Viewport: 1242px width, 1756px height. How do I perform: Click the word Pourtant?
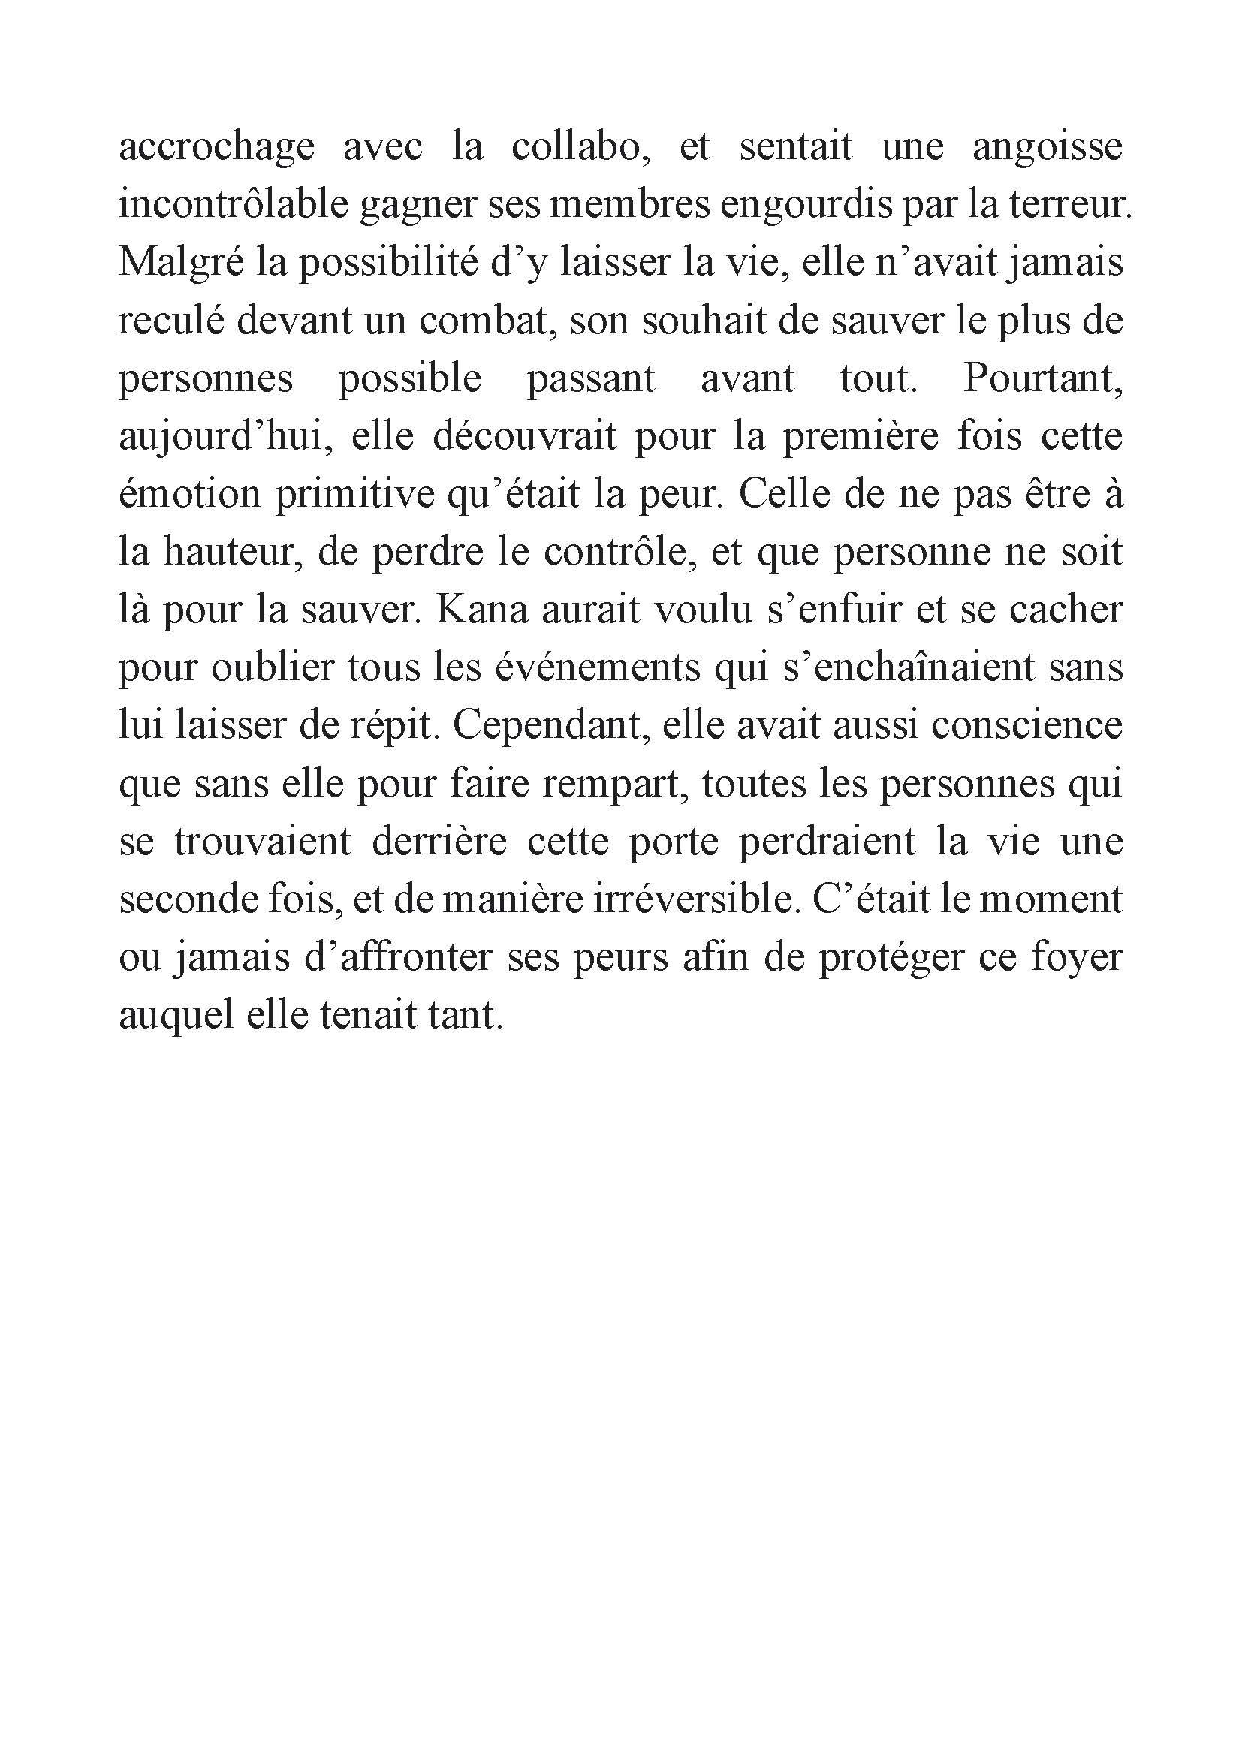1042,378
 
